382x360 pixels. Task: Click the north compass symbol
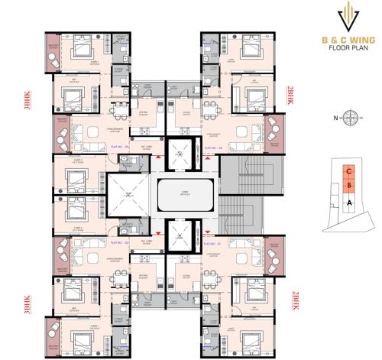[x=349, y=117]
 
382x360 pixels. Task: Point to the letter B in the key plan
[x=348, y=186]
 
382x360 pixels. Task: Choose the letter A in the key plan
[x=348, y=203]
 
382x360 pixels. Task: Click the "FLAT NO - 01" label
[x=213, y=244]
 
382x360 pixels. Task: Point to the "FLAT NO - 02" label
[x=121, y=244]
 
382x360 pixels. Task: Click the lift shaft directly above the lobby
[x=181, y=152]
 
